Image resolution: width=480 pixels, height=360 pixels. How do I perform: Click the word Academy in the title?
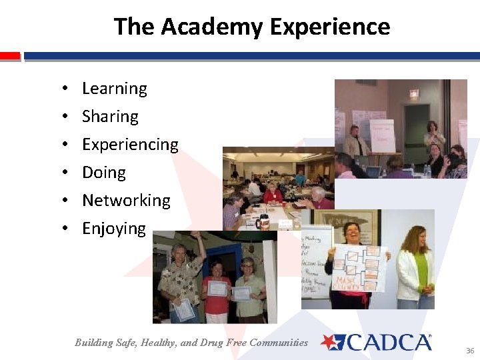[212, 27]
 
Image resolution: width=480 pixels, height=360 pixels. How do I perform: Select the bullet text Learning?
[114, 89]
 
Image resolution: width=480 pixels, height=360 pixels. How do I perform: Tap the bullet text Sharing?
[110, 117]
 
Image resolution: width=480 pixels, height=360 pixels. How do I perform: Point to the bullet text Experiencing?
[130, 145]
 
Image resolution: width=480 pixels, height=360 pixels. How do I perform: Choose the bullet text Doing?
[103, 173]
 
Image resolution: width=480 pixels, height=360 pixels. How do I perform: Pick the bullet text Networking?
[126, 201]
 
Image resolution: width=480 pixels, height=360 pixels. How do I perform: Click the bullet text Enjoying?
[113, 229]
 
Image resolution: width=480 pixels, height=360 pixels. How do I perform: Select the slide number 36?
[470, 351]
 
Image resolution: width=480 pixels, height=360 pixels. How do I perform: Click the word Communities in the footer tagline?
[280, 343]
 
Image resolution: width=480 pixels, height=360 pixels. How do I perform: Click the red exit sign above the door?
[414, 93]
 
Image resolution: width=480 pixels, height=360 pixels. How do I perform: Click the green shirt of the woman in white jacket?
[420, 267]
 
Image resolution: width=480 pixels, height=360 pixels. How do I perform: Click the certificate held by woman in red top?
[217, 289]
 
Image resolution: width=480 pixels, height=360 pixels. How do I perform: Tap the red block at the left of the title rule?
[10, 57]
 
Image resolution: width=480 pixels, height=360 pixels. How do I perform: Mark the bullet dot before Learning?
[62, 89]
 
